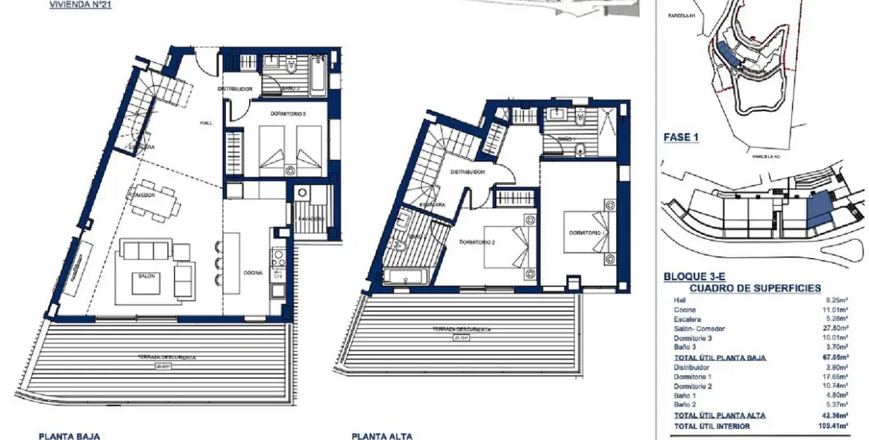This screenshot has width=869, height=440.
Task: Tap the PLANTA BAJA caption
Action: (x=69, y=436)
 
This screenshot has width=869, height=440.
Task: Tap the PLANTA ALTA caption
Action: (x=381, y=436)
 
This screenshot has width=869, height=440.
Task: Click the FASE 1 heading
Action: (x=681, y=138)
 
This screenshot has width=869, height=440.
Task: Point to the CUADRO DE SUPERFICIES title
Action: (x=755, y=288)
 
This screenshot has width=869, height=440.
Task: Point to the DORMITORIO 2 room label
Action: (x=477, y=242)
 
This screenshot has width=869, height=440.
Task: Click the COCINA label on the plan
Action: (x=253, y=273)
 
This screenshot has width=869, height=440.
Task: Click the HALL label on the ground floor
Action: (x=205, y=123)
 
